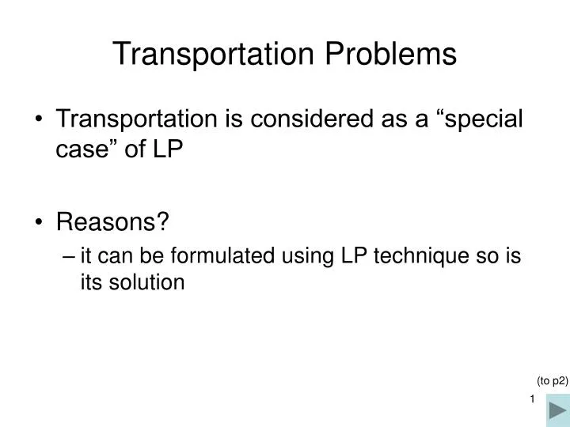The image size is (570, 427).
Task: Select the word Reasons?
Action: tap(113, 223)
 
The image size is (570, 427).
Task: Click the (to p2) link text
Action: tap(553, 380)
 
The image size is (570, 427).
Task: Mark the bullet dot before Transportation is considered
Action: tap(40, 120)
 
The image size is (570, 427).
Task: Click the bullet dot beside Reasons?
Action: tap(40, 224)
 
